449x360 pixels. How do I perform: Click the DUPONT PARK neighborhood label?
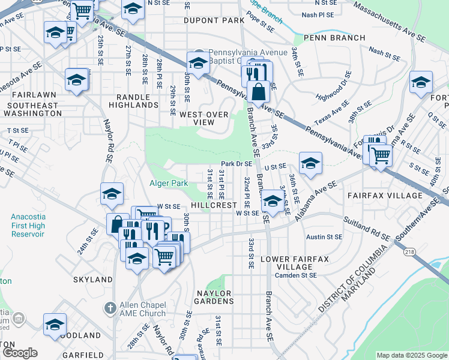tap(214, 20)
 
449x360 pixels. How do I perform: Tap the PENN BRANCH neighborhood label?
tap(334, 38)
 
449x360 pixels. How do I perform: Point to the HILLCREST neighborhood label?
tap(214, 205)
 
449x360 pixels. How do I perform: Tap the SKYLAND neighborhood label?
tap(92, 280)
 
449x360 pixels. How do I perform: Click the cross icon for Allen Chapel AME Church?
tap(109, 308)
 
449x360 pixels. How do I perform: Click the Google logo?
tap(19, 353)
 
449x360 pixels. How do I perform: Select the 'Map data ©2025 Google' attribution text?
tap(411, 355)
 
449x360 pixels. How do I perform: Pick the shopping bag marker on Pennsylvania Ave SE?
tap(258, 93)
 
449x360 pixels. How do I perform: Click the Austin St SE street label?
tap(324, 237)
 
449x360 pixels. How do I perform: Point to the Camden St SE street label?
tap(295, 275)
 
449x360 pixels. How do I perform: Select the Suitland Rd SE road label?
tap(367, 229)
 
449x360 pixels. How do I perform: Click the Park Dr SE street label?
tap(236, 164)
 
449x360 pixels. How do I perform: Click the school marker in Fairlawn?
tap(77, 80)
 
